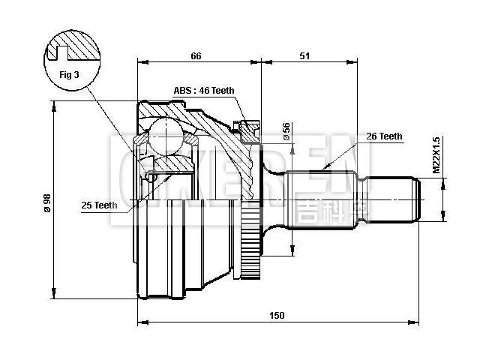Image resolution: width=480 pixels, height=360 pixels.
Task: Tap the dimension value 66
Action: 196,55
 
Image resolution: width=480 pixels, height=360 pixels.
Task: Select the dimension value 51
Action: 305,55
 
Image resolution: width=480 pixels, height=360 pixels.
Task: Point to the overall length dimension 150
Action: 277,316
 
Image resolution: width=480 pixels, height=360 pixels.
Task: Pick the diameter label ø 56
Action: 286,131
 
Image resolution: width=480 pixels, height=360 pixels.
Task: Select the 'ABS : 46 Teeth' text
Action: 204,91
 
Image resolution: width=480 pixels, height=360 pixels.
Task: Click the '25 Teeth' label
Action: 100,204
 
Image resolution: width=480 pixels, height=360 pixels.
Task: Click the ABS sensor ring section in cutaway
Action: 247,130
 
